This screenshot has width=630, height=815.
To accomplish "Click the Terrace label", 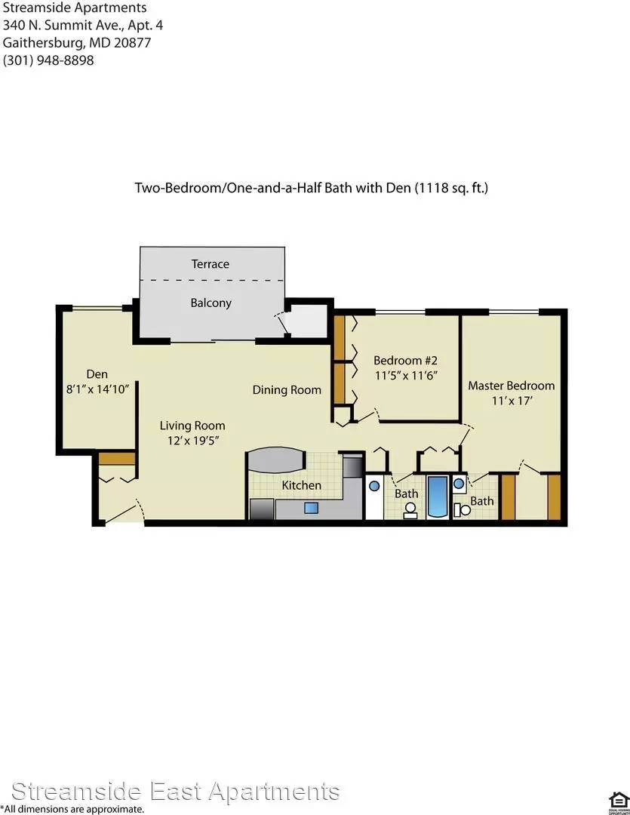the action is pyautogui.click(x=210, y=264).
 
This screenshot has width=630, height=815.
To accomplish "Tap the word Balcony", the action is pyautogui.click(x=211, y=303).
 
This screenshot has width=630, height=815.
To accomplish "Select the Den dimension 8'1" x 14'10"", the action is pyautogui.click(x=97, y=389).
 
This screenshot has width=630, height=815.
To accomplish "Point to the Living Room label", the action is pyautogui.click(x=192, y=426).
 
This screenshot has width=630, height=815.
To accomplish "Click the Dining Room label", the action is pyautogui.click(x=287, y=390).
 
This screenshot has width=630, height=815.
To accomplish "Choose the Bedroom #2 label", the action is pyautogui.click(x=405, y=360).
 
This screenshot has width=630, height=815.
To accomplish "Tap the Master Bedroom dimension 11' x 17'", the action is pyautogui.click(x=512, y=401).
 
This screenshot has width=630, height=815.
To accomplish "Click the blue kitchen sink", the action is pyautogui.click(x=311, y=507).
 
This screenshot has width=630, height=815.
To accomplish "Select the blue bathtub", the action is pyautogui.click(x=437, y=497).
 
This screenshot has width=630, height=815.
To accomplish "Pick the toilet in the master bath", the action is pyautogui.click(x=462, y=510).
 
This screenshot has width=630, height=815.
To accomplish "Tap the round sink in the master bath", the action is pyautogui.click(x=459, y=484).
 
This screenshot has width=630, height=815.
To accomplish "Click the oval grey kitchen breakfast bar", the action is pyautogui.click(x=275, y=460).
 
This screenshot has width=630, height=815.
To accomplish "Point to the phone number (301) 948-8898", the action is pyautogui.click(x=48, y=60).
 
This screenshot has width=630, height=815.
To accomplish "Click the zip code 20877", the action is pyautogui.click(x=132, y=42).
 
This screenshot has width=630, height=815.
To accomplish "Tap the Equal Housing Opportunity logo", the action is pyautogui.click(x=619, y=802).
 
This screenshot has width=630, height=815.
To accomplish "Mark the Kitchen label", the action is pyautogui.click(x=302, y=485).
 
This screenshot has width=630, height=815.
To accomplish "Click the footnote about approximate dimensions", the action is pyautogui.click(x=72, y=809).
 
